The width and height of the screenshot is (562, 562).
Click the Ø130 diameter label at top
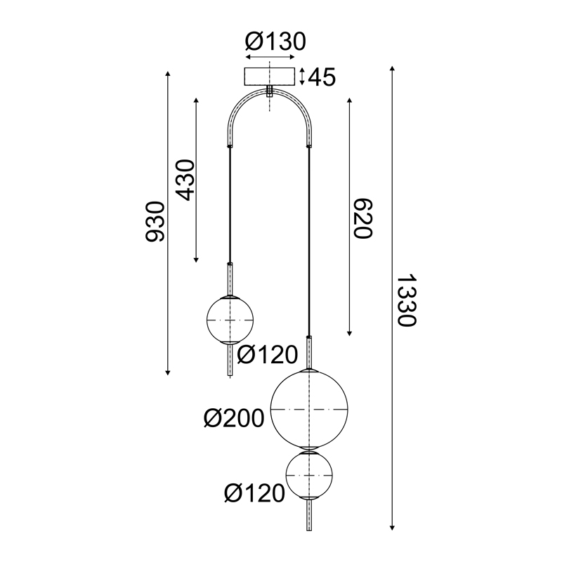275,41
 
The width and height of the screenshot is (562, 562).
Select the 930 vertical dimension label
155,221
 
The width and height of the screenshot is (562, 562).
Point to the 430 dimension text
184,179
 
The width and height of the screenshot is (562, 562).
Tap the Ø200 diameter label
233,419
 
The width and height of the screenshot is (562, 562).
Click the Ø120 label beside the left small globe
268,355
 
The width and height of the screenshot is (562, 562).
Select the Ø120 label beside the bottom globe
254,492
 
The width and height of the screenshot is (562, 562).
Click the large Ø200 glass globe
310,410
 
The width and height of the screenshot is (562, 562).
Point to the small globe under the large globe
310,476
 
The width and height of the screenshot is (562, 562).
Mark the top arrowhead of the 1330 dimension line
392,67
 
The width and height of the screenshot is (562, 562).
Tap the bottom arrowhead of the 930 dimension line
169,372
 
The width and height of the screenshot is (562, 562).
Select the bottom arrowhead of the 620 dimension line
349,332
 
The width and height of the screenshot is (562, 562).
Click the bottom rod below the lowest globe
310,517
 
